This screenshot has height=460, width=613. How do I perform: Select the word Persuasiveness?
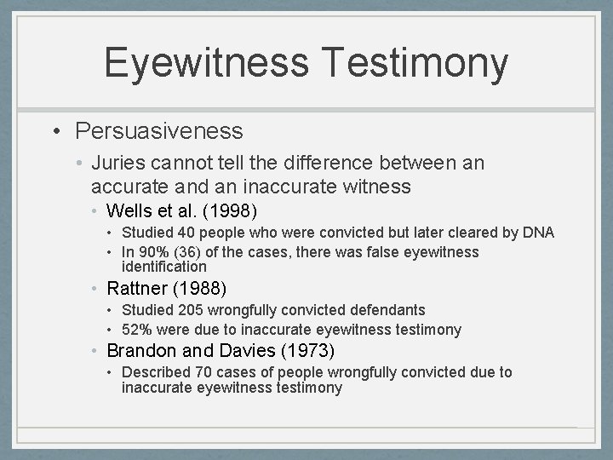tap(159, 131)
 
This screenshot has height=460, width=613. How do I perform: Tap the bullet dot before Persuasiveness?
tap(58, 131)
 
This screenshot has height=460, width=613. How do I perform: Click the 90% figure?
tap(152, 252)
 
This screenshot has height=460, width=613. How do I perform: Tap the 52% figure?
tap(137, 330)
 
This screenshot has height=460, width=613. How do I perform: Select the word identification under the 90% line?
tap(164, 267)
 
